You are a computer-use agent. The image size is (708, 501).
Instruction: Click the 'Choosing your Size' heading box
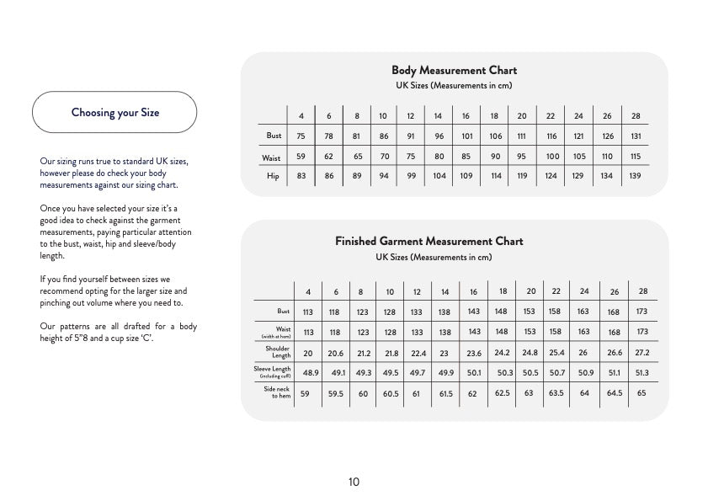114,112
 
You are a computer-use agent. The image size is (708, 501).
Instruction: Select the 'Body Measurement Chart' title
454,71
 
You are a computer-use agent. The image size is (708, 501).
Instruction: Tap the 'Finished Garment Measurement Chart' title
429,242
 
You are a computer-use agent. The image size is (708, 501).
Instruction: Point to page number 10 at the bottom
354,482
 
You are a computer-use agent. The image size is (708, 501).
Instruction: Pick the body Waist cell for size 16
466,157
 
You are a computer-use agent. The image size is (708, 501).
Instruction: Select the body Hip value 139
635,176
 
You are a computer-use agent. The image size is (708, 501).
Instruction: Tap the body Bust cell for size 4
301,136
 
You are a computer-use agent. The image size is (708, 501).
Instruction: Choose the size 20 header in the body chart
522,116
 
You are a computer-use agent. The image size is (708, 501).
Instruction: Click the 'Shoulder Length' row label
278,352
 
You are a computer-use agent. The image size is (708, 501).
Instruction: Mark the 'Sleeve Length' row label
273,371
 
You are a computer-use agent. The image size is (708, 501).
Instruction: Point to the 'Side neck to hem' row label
277,392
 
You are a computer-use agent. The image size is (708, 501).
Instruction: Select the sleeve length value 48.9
311,372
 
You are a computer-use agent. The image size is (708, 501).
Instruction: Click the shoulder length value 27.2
642,352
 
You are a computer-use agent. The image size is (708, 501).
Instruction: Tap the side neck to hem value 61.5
445,393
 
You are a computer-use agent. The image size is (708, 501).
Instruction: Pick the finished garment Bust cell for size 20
529,311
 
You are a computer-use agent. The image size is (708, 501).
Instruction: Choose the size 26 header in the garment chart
615,292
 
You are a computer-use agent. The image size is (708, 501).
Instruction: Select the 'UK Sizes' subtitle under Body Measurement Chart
454,86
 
